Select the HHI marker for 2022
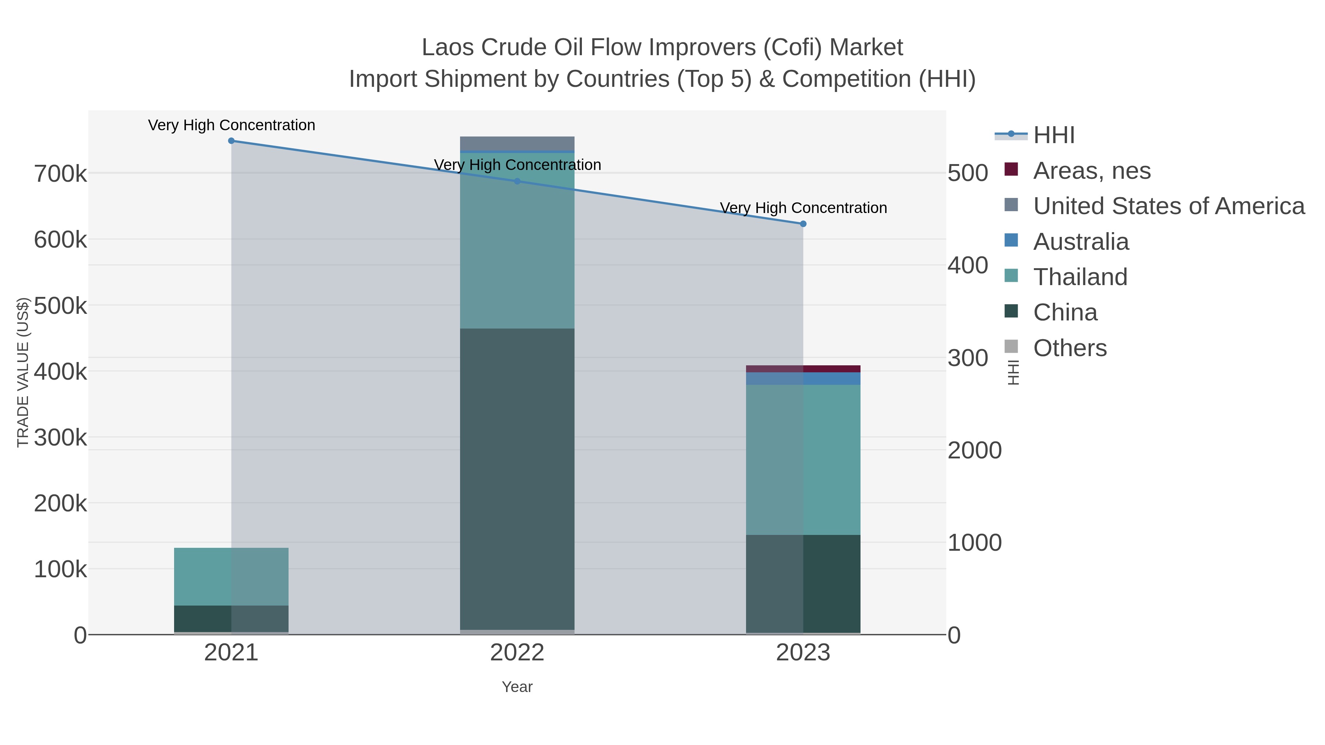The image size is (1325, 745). tap(517, 181)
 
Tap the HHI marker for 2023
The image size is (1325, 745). tap(803, 224)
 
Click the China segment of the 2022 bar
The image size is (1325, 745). tap(517, 478)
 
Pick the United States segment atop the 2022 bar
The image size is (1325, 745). tap(517, 143)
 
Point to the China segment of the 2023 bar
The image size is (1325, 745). tap(803, 583)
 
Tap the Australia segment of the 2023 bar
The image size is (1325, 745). tap(803, 379)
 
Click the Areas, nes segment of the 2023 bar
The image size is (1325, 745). tap(803, 369)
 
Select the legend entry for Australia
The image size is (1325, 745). tap(1081, 242)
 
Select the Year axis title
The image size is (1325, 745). tap(517, 687)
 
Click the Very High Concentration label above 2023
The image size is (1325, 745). tap(803, 208)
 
